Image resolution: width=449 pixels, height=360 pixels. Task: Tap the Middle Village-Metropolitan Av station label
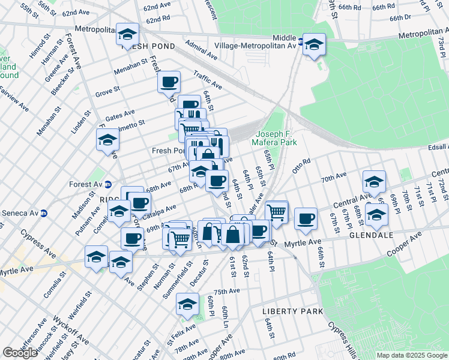[258, 40]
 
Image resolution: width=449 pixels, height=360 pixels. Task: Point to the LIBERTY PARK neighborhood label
[292, 312]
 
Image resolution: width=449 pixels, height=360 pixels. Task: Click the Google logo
[20, 353]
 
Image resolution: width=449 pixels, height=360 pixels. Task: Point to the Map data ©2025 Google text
[412, 355]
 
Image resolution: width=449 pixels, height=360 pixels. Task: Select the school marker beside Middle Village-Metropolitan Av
[313, 44]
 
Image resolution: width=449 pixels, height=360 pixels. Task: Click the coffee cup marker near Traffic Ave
[169, 82]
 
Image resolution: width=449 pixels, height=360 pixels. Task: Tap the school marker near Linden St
[107, 139]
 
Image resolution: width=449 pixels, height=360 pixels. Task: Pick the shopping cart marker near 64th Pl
[276, 211]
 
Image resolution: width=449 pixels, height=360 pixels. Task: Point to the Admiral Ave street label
[202, 50]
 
